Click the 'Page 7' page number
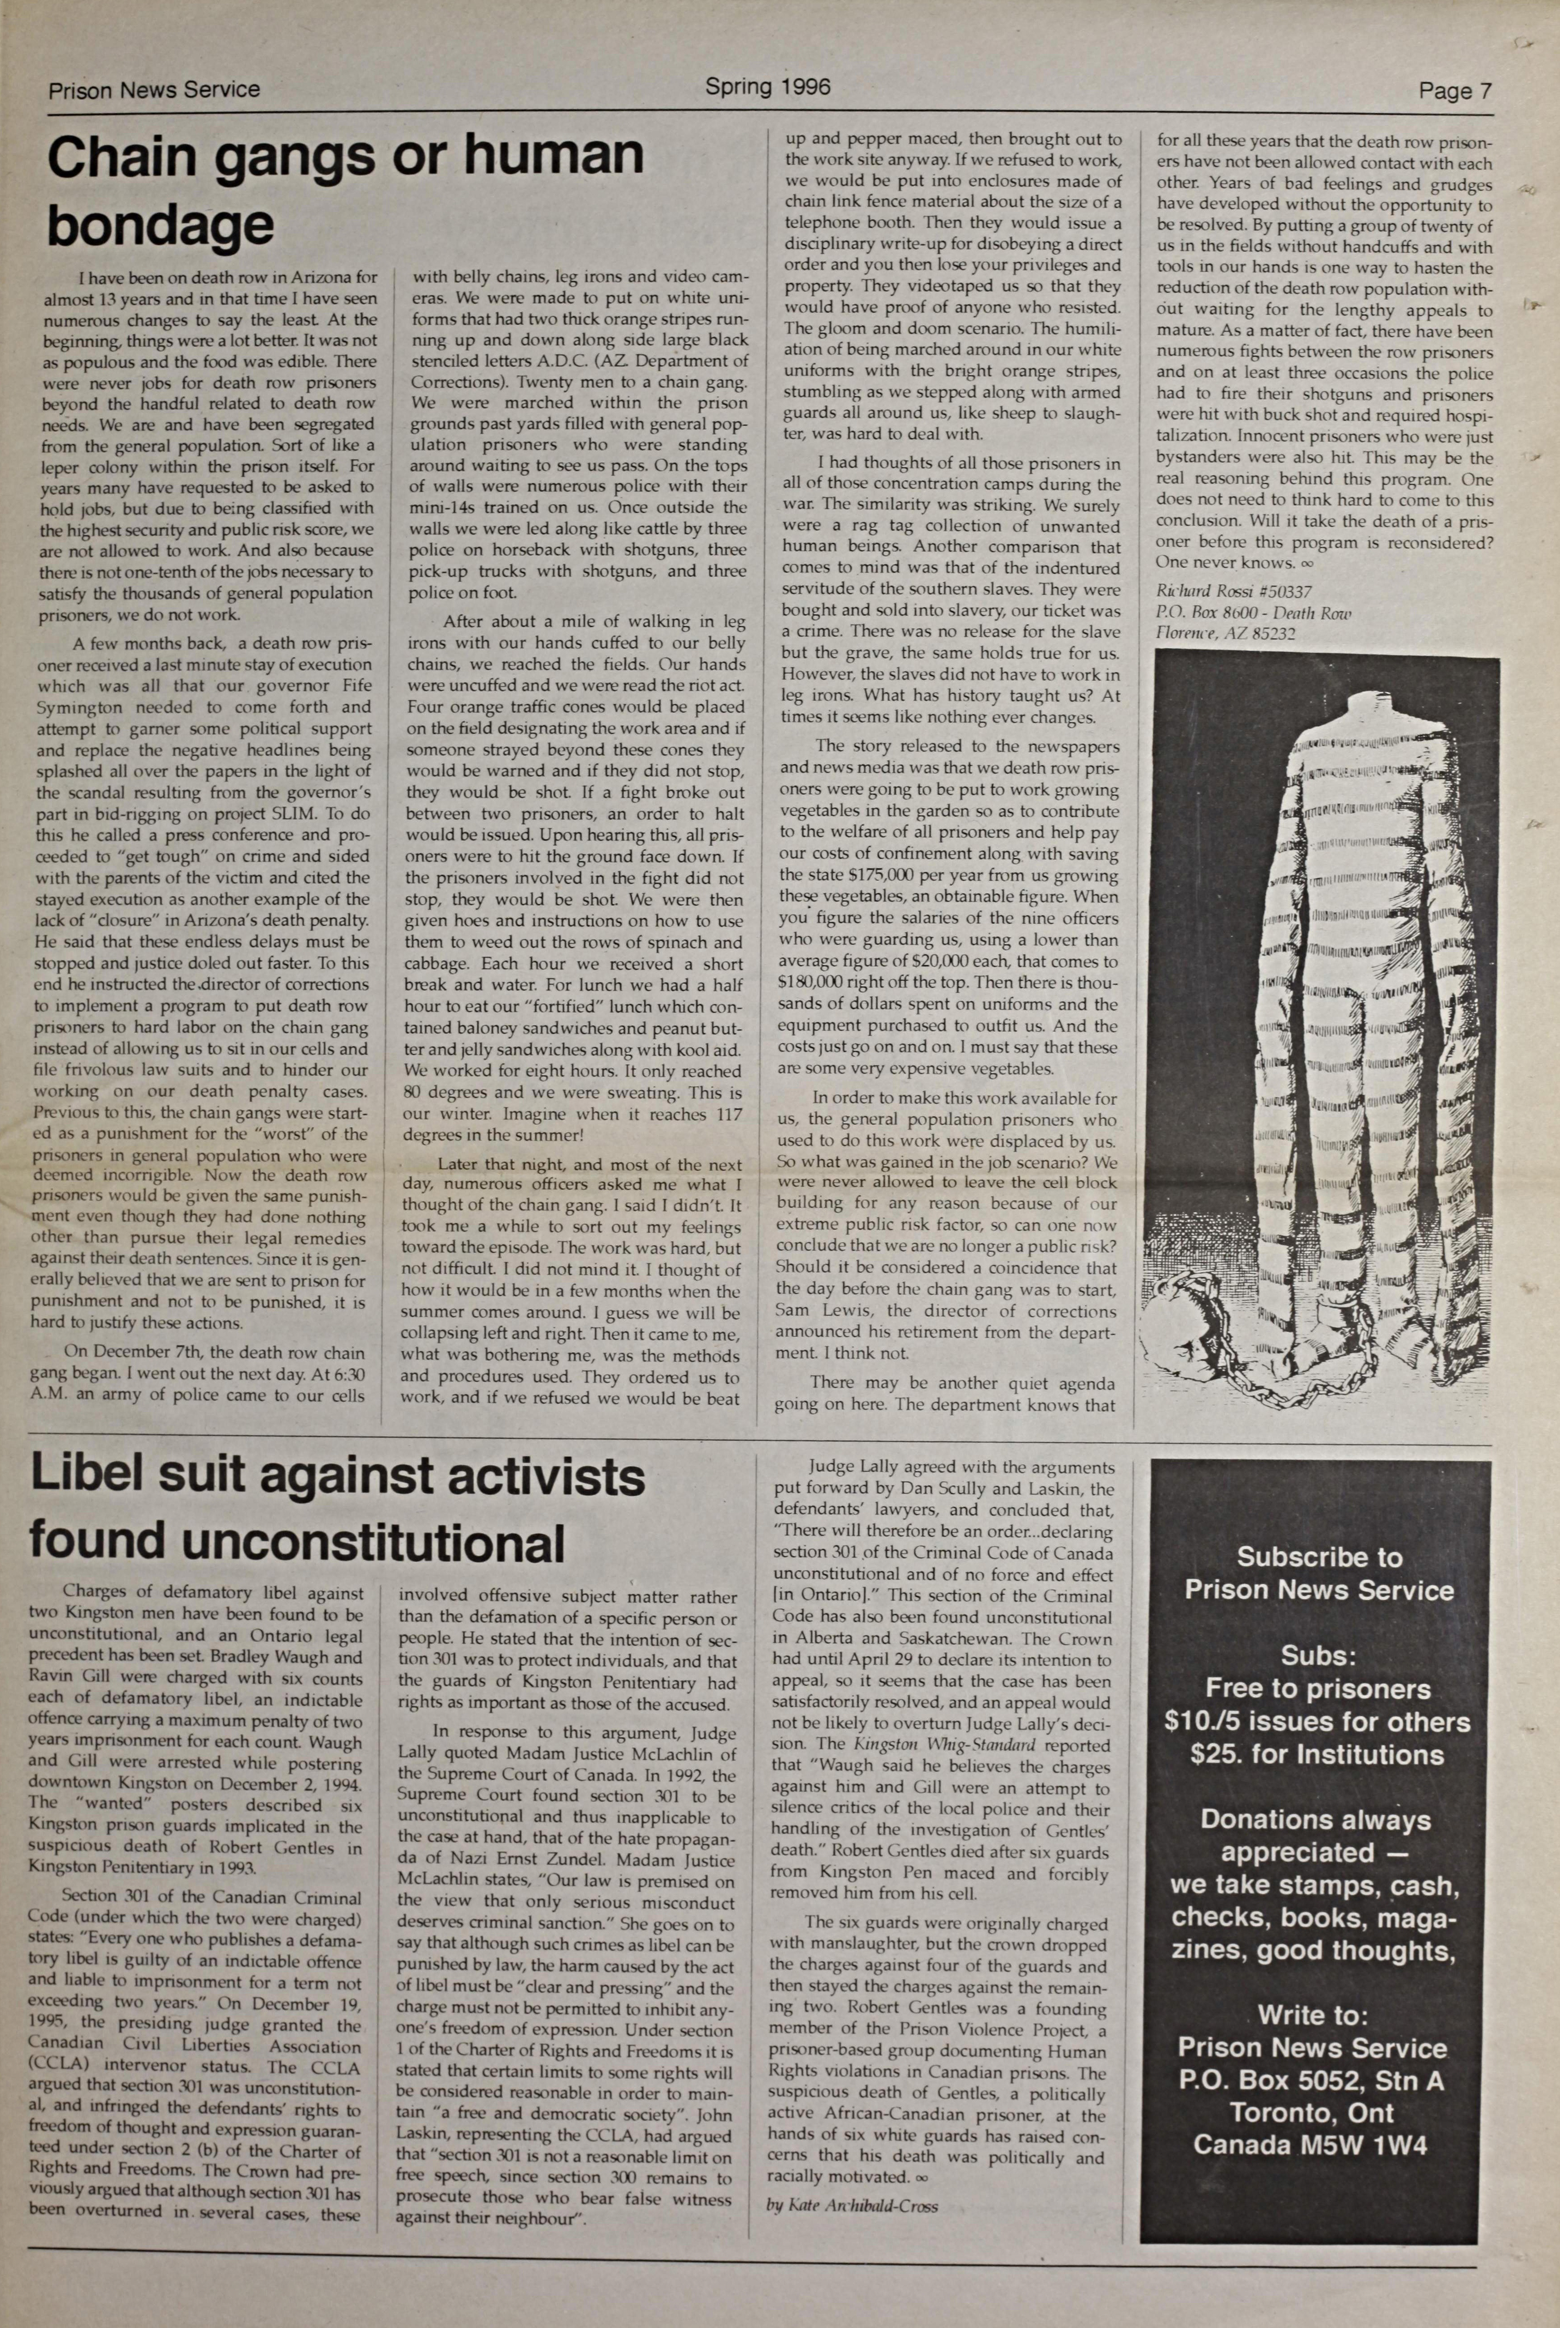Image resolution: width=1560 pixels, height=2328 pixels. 1455,92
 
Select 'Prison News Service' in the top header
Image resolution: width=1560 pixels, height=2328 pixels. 154,90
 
